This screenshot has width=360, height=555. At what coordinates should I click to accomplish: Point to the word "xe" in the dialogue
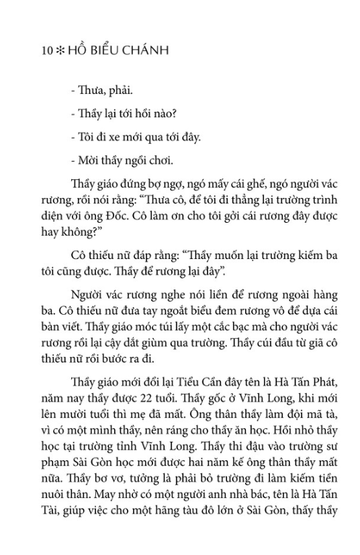pos(105,137)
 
